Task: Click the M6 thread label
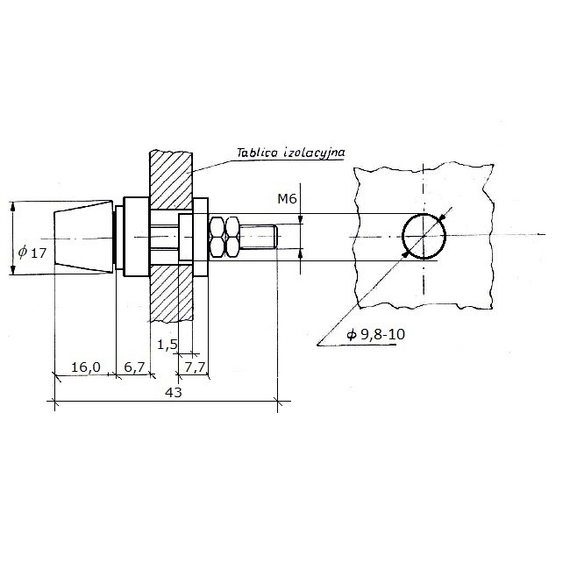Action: coord(287,199)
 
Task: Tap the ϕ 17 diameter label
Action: coord(32,253)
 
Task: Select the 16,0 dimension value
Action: coord(85,367)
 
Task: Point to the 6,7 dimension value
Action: coord(134,367)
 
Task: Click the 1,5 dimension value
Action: coord(167,345)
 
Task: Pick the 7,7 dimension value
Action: coord(195,367)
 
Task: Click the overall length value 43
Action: coord(174,392)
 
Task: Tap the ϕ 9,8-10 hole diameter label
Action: coord(375,334)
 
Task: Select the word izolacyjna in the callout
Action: coord(314,153)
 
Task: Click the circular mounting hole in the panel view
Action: coord(424,215)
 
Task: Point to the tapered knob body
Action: coord(83,238)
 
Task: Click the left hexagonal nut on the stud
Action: coord(217,238)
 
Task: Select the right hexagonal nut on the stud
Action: coord(232,238)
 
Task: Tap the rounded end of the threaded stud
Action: coord(275,237)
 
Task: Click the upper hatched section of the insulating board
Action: coord(171,180)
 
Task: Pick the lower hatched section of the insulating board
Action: coord(171,293)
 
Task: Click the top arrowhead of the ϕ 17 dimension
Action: coord(13,206)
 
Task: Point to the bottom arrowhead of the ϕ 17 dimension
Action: coord(13,270)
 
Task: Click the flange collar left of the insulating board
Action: coord(136,237)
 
